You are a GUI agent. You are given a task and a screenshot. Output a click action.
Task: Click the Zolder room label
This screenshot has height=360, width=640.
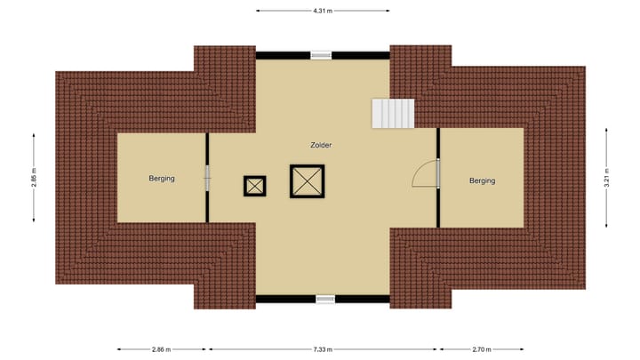click(322, 144)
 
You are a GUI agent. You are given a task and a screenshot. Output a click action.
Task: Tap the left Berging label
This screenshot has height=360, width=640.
click(162, 179)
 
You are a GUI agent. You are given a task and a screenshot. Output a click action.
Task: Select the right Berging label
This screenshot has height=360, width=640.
click(482, 180)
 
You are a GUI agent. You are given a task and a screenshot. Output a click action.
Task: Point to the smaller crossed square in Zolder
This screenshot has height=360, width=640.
click(255, 186)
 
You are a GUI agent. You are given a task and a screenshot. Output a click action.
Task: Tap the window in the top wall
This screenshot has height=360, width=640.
click(323, 55)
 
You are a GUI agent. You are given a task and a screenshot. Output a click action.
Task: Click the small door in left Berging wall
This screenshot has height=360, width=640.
click(208, 177)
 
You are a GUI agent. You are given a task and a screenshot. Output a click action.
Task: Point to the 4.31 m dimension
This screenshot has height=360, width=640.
click(323, 11)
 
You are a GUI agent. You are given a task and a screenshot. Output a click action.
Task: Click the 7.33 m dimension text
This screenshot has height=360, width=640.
click(323, 349)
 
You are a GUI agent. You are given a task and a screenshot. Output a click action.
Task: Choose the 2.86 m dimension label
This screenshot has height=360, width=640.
click(162, 349)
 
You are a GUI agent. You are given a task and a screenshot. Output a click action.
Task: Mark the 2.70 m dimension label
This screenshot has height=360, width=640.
click(482, 349)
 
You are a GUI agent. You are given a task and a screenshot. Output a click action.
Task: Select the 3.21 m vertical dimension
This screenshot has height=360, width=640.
click(607, 177)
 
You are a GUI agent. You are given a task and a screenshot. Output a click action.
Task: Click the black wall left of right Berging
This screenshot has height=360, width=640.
click(438, 204)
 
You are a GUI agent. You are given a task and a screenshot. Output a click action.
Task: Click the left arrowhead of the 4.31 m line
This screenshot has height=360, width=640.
click(259, 11)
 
